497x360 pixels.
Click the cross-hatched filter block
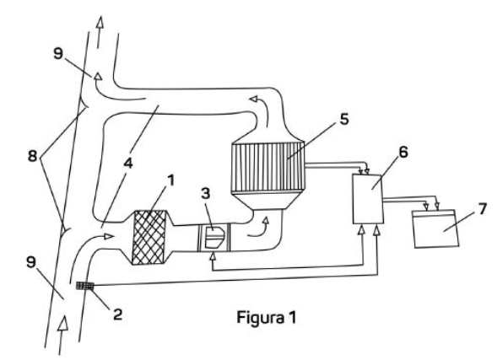tap(149, 237)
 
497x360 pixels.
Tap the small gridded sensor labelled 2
tap(85, 286)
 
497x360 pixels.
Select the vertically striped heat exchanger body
tap(268, 167)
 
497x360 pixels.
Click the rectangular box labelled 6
tap(368, 199)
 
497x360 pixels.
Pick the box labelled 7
tap(436, 228)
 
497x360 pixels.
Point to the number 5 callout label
tap(344, 119)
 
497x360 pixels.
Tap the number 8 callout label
tap(32, 156)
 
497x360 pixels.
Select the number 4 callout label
tap(127, 164)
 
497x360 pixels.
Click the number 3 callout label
tap(205, 193)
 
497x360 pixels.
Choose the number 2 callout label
tap(117, 314)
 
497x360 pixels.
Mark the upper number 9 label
tap(58, 53)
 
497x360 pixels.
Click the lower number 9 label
tap(31, 261)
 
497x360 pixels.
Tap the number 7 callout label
tap(482, 209)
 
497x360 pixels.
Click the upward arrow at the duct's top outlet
tap(100, 32)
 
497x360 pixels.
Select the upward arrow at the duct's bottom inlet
tap(62, 335)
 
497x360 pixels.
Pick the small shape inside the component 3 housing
tap(214, 237)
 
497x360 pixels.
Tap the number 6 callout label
tap(402, 152)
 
